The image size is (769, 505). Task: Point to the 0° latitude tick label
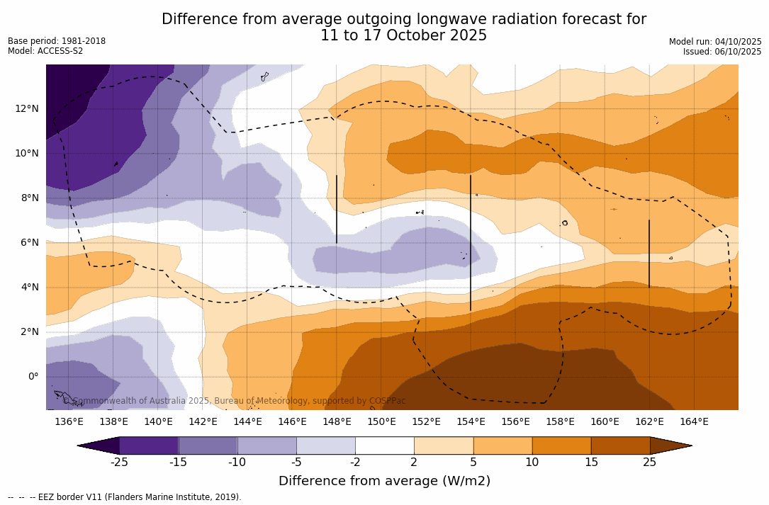33,377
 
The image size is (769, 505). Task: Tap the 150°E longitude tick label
381,421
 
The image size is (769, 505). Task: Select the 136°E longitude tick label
69,421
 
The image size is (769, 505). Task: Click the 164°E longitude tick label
694,421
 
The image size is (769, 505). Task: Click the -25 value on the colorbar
118,463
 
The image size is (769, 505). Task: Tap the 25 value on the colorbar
649,463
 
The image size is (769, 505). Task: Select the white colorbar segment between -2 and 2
384,446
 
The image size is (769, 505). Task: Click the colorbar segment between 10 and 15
561,446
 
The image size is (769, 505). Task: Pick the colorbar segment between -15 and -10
208,446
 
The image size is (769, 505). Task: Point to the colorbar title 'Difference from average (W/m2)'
384,481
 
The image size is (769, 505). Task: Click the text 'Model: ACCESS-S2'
45,51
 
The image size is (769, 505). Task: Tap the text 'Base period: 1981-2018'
57,41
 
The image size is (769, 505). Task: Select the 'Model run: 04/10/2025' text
715,42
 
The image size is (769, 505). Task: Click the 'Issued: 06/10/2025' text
722,52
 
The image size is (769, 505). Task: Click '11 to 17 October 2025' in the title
403,35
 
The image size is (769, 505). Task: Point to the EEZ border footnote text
125,497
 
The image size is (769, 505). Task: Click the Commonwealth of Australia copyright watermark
234,401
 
